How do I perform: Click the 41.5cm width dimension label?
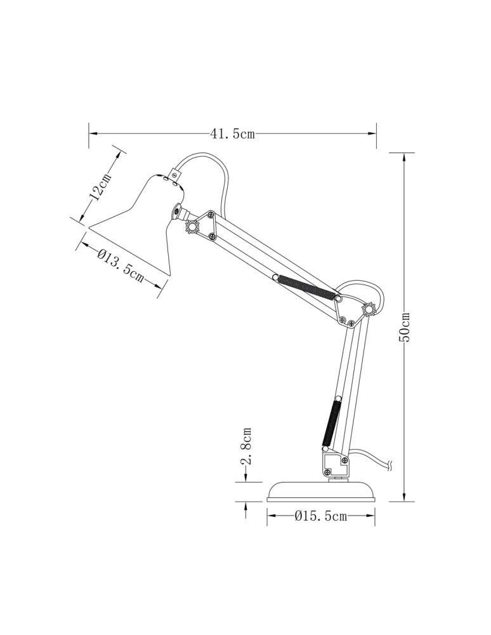232,134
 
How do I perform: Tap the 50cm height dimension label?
405,327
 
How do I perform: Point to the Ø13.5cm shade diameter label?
121,265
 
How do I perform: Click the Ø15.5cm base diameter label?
321,516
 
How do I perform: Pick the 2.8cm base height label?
247,446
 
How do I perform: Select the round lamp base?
321,491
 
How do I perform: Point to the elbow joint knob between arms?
369,309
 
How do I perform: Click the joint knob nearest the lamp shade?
192,226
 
